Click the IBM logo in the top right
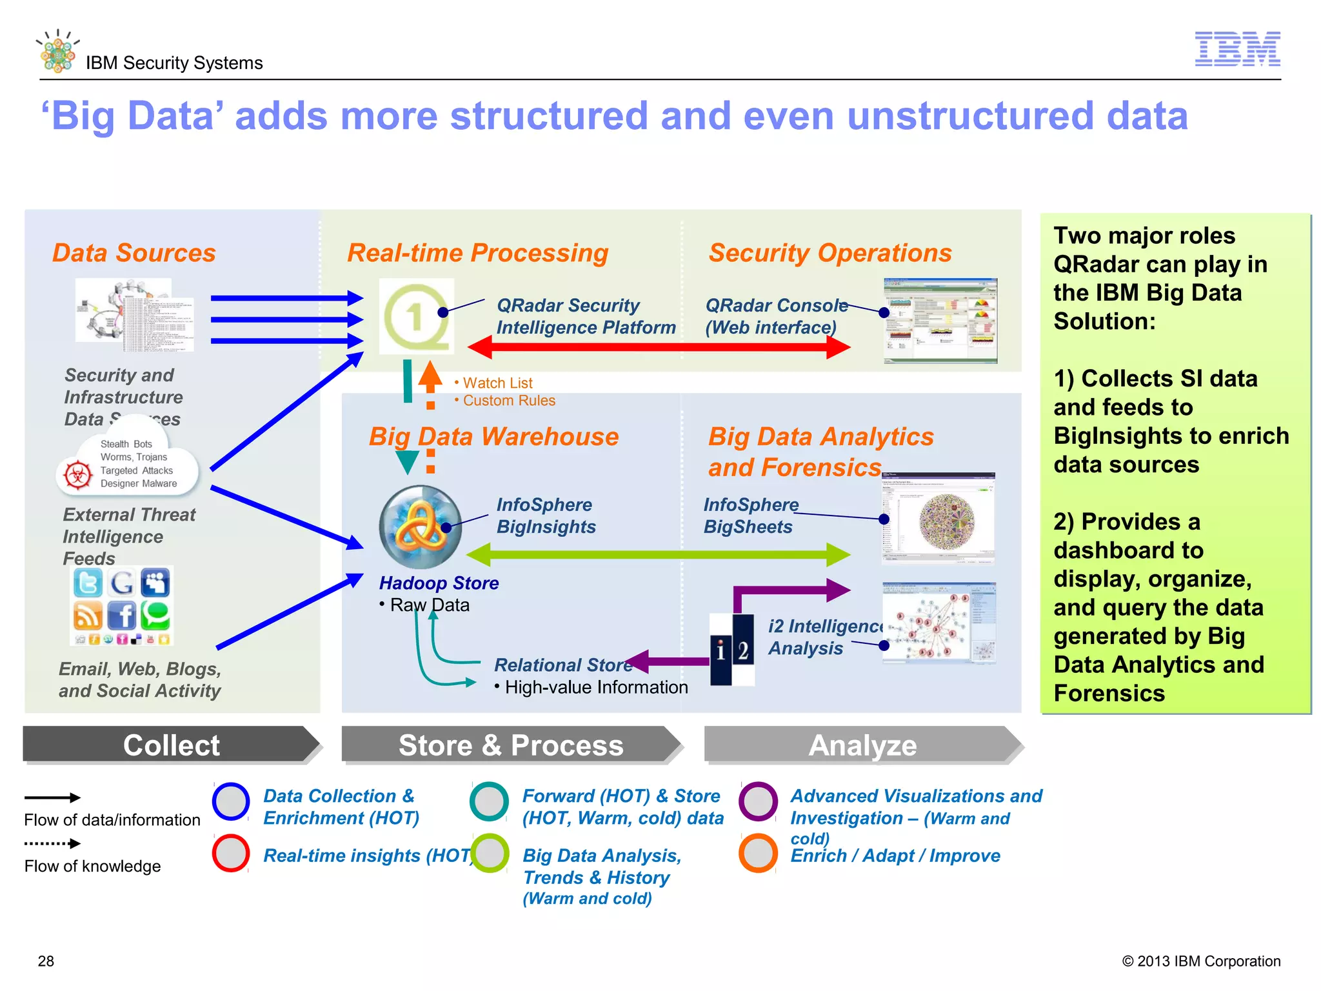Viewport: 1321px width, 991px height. pyautogui.click(x=1237, y=49)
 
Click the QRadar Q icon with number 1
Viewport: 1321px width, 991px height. pyautogui.click(x=417, y=316)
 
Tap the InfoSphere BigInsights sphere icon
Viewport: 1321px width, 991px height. pyautogui.click(x=421, y=526)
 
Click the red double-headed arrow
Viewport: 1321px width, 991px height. pyautogui.click(x=658, y=347)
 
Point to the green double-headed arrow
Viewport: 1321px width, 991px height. pyautogui.click(x=658, y=554)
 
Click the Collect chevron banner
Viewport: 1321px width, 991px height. pyautogui.click(x=172, y=745)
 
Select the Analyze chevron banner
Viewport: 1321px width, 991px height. pyautogui.click(x=863, y=745)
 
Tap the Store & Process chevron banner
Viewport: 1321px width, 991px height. pyautogui.click(x=511, y=745)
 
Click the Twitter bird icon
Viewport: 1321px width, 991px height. pyautogui.click(x=88, y=583)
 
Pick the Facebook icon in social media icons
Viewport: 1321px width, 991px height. pyautogui.click(x=122, y=616)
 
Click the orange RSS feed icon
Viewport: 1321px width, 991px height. pyautogui.click(x=88, y=616)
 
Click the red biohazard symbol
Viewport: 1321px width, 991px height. pyautogui.click(x=78, y=476)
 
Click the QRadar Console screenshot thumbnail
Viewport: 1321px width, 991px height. pyautogui.click(x=940, y=321)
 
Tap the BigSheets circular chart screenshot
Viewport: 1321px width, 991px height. pyautogui.click(x=939, y=519)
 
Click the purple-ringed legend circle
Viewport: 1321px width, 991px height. pyautogui.click(x=758, y=801)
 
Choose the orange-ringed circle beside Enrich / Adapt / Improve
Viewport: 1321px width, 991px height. pyautogui.click(x=758, y=854)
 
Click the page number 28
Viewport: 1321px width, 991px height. pyautogui.click(x=46, y=961)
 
